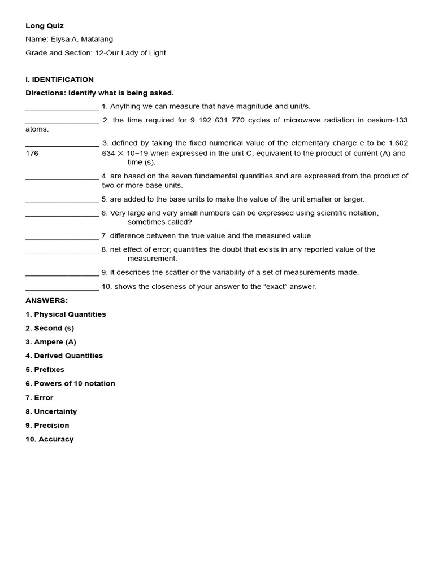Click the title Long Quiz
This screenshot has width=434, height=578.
[x=45, y=26]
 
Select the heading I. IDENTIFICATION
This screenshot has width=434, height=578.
[x=59, y=80]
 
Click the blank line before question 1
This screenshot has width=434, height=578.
[x=62, y=107]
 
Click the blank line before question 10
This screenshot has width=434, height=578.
[x=62, y=288]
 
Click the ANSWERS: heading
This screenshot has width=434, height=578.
[x=46, y=300]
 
